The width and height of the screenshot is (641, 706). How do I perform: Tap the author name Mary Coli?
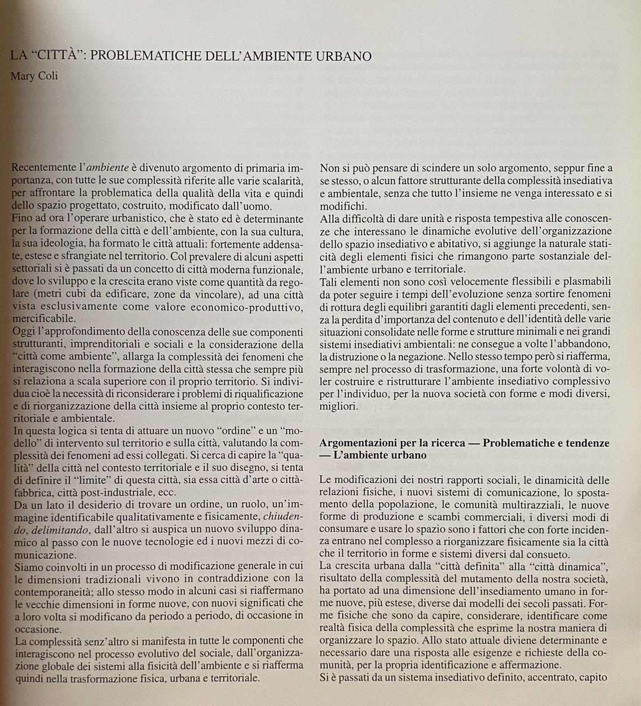[x=34, y=76]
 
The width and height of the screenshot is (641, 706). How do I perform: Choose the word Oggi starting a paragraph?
[x=23, y=332]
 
